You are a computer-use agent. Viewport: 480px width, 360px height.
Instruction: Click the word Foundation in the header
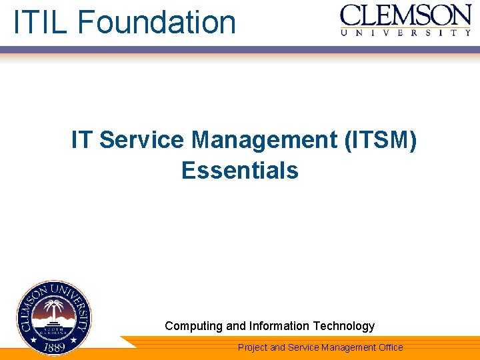click(x=157, y=21)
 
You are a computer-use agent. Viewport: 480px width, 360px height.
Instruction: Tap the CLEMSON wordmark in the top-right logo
click(x=405, y=15)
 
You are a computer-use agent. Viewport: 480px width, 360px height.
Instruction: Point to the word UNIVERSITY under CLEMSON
click(x=405, y=32)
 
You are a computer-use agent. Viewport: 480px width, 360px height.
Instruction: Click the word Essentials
click(x=240, y=171)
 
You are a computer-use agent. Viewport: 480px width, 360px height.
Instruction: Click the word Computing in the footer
click(x=194, y=326)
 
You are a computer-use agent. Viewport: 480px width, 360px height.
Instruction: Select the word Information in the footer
click(x=279, y=326)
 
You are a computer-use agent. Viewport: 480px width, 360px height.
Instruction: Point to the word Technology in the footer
click(x=344, y=326)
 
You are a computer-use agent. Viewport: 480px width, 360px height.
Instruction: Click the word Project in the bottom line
click(x=253, y=347)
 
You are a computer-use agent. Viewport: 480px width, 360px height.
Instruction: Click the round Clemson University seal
click(x=54, y=318)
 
